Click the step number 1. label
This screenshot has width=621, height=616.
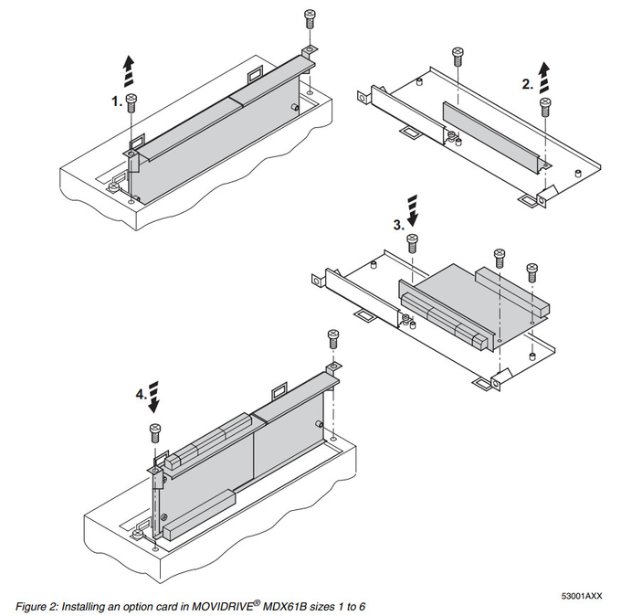tap(117, 103)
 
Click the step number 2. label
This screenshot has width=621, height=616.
tap(527, 84)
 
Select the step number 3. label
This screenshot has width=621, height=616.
tap(398, 223)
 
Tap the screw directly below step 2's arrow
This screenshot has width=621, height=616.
tap(545, 104)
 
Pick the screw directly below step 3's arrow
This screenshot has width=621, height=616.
tap(412, 243)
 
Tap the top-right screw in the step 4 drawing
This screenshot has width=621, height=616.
tap(331, 337)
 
